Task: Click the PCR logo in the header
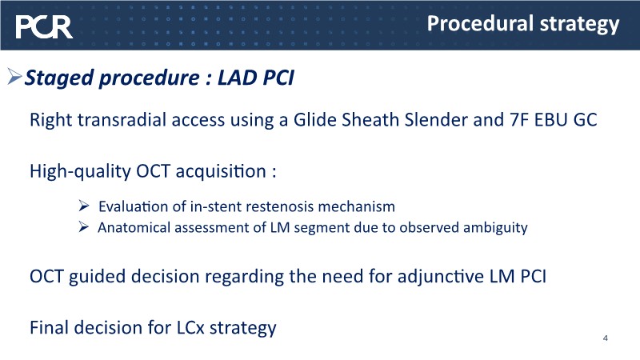pos(44,27)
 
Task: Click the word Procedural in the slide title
pos(481,23)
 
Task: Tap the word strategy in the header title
pos(579,25)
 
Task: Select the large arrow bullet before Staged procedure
pos(14,76)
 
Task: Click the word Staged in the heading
pos(59,78)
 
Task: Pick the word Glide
pos(315,119)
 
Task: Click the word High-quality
pos(80,171)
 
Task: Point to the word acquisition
pos(221,171)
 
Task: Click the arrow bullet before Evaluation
pos(84,206)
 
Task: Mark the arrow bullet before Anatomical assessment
pos(83,226)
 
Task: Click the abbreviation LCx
pos(190,328)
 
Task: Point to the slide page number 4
pos(606,338)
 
